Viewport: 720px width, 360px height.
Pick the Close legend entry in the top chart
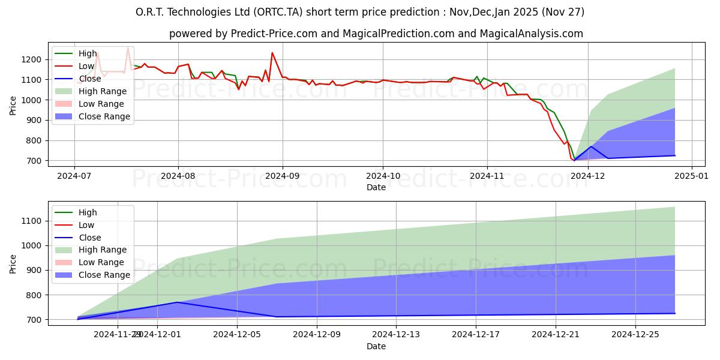(90, 79)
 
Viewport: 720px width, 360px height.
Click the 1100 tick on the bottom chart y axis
(33, 221)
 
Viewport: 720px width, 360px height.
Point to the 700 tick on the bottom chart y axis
(35, 320)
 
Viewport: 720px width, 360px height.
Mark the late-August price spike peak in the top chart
(272, 53)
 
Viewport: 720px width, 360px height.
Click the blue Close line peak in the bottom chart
(177, 302)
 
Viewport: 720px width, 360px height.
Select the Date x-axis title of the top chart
(376, 188)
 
